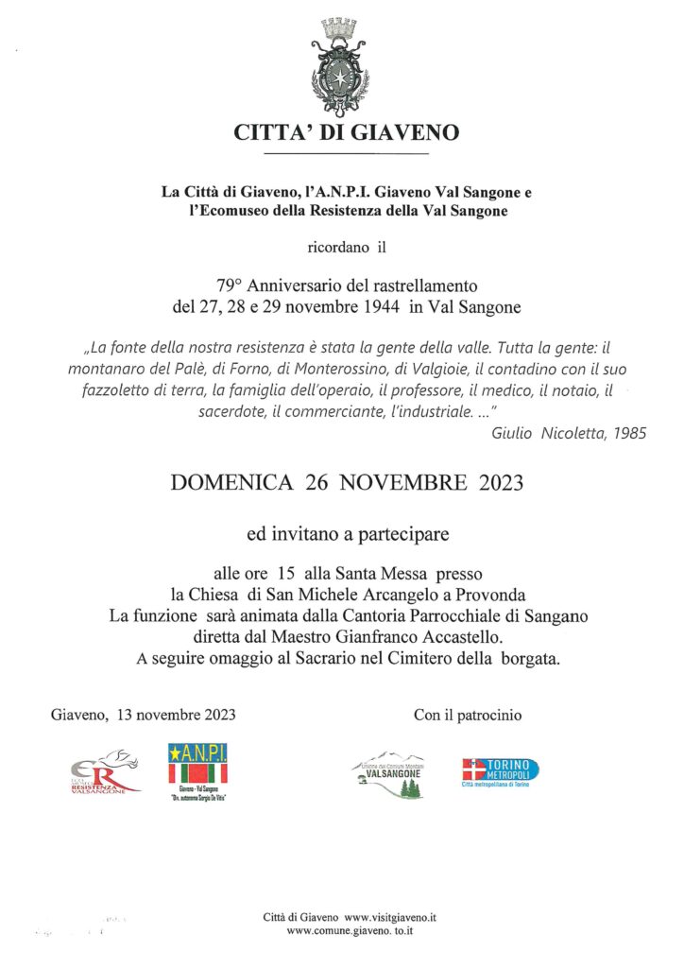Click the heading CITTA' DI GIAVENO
tap(347, 133)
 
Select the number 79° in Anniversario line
tap(231, 285)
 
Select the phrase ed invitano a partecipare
tap(347, 534)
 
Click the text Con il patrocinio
tap(468, 715)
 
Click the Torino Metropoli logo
tap(500, 771)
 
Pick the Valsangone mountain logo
tap(387, 773)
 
